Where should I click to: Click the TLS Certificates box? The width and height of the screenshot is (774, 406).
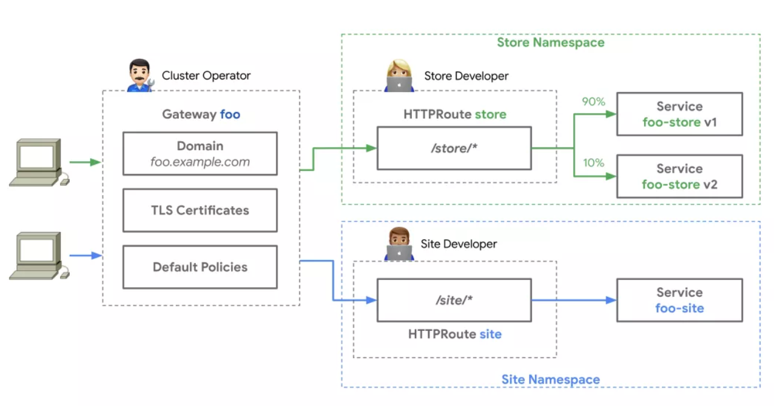200,210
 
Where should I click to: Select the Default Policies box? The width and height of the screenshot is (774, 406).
200,267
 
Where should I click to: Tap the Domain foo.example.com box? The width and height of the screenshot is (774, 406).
200,154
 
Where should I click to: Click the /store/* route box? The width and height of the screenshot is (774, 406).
454,148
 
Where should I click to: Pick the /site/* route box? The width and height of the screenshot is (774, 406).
454,300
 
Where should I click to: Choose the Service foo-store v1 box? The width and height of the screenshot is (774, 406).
679,114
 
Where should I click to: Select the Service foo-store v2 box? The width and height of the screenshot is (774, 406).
679,176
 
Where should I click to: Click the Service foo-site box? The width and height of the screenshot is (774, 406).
679,300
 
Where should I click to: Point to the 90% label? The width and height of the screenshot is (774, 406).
593,102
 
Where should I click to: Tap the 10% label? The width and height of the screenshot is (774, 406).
593,162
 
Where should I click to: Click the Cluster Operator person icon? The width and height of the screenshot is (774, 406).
140,76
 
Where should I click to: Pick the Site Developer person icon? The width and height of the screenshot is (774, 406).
399,244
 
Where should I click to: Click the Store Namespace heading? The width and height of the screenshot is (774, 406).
550,42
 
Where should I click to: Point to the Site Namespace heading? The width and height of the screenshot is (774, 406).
550,380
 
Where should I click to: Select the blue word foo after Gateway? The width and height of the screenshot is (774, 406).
230,115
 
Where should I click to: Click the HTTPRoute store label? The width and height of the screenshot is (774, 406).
454,115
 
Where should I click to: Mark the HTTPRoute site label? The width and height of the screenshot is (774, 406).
454,334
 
